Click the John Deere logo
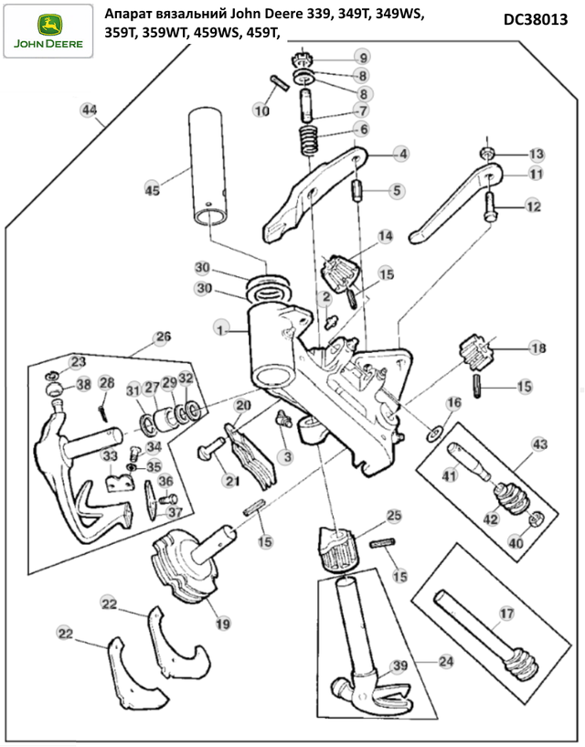pos(48,31)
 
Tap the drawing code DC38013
pos(536,19)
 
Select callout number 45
pos(153,190)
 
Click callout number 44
pos(89,110)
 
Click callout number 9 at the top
pos(363,58)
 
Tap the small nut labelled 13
pos(486,154)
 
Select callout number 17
pos(506,614)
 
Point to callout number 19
pos(222,624)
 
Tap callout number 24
pos(446,661)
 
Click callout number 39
pos(399,666)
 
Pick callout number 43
pos(539,444)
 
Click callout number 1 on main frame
pos(220,329)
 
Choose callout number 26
pos(163,336)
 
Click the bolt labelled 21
pos(210,448)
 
